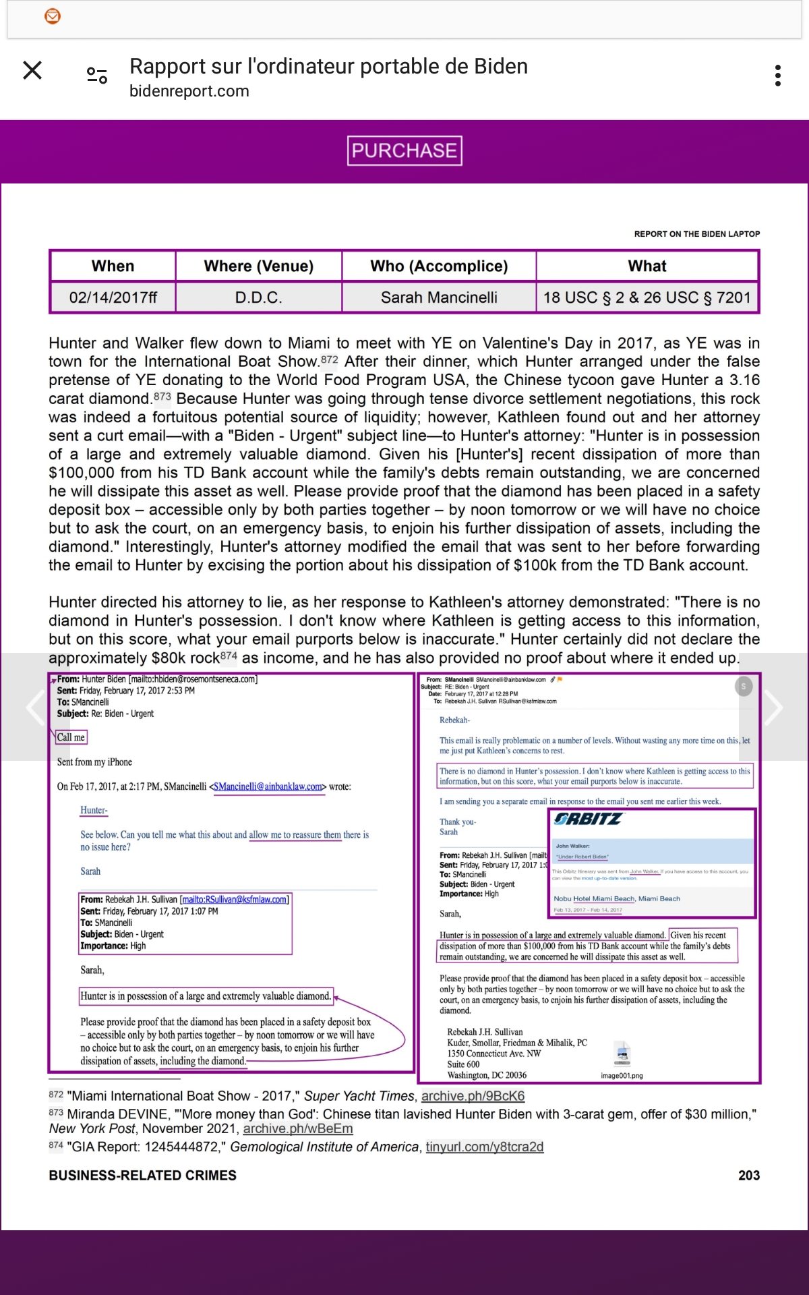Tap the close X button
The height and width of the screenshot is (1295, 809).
32,70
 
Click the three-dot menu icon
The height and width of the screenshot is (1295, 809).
778,76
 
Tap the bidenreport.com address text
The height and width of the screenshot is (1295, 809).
189,91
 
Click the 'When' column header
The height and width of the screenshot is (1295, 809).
113,266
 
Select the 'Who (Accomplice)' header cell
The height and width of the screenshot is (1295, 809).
439,266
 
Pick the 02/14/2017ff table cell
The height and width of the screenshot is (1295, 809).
113,297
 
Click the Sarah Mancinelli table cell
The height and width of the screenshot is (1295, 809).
439,297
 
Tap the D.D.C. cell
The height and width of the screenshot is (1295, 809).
259,297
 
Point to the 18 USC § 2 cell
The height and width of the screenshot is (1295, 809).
647,297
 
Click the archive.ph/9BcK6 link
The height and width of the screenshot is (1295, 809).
473,1096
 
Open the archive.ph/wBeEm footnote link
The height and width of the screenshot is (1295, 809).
297,1128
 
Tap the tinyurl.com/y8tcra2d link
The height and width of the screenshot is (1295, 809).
484,1147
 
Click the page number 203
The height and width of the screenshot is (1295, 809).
748,1175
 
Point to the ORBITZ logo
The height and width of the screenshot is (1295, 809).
588,819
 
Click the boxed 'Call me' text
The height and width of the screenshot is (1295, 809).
71,737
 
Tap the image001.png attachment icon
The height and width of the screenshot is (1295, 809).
622,1053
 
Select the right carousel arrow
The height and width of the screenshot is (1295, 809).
773,707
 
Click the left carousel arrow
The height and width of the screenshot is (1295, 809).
35,707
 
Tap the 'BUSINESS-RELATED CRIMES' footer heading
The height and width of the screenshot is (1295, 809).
142,1175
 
